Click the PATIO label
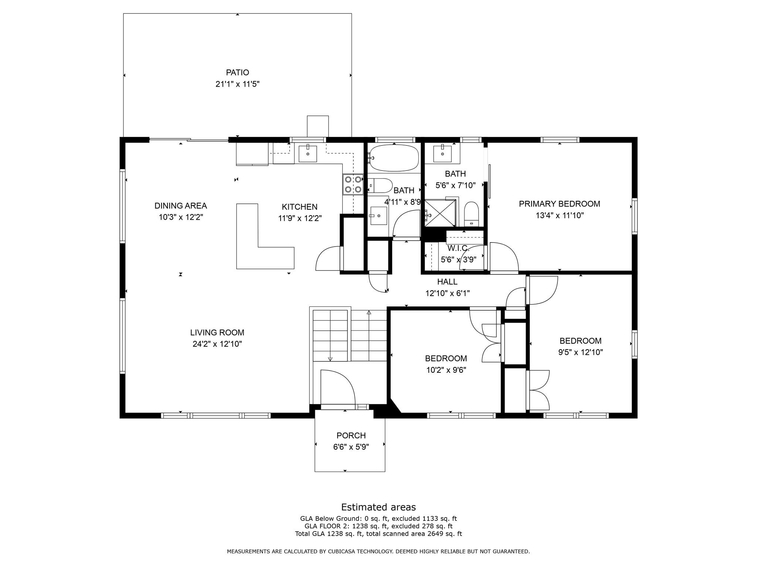[x=237, y=72]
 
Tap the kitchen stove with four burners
[x=353, y=185]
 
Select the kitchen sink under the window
[x=308, y=154]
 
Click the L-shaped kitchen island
[x=259, y=251]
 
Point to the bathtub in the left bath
[x=394, y=158]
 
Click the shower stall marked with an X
[x=439, y=213]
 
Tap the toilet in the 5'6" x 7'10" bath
[x=471, y=214]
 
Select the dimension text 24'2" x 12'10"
[x=217, y=344]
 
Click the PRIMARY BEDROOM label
[x=559, y=204]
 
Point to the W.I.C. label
[x=458, y=248]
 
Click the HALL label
[x=447, y=282]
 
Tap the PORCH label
[x=351, y=436]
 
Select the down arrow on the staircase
[x=330, y=358]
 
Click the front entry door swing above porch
[x=337, y=388]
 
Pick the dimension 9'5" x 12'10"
[x=580, y=352]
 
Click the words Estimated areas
[x=378, y=507]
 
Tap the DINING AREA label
[x=180, y=206]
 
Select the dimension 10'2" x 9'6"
[x=446, y=370]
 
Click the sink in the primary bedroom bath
[x=442, y=154]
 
